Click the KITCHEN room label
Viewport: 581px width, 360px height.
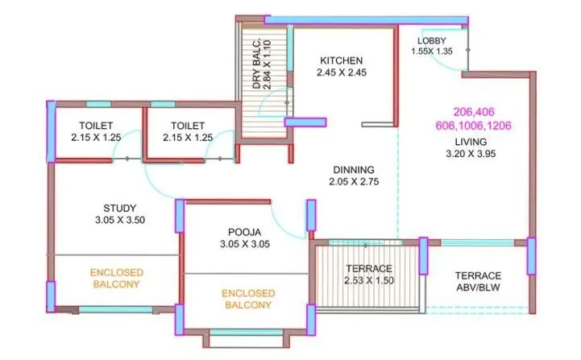[342, 60]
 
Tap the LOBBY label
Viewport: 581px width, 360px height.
[433, 41]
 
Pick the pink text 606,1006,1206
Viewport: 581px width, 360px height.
[473, 126]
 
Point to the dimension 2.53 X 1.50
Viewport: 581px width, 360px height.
[369, 281]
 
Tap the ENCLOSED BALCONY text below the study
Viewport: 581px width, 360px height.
[115, 278]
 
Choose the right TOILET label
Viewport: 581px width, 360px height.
[188, 126]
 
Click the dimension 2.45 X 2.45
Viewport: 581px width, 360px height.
[342, 73]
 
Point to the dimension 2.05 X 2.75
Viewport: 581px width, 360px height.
[355, 182]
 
